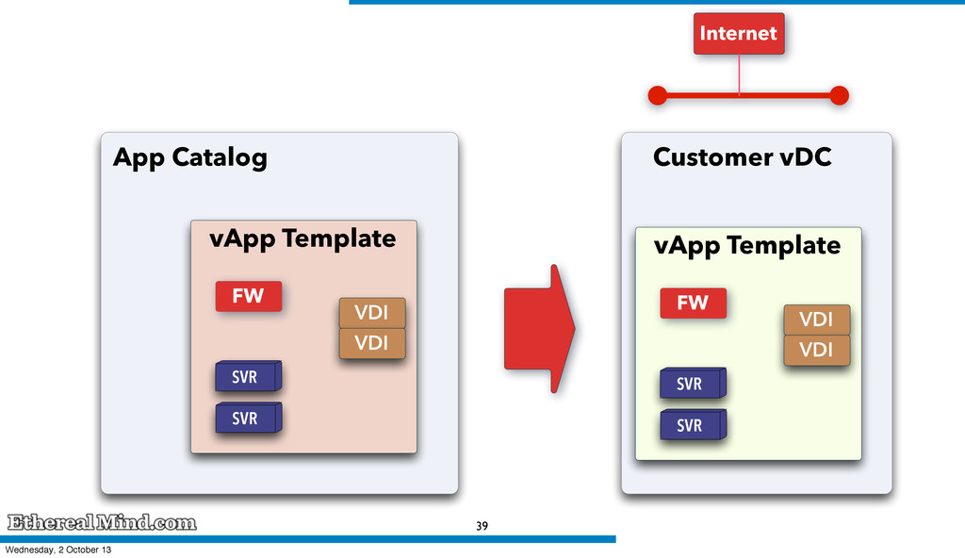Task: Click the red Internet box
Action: [739, 33]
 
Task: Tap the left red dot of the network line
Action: [658, 95]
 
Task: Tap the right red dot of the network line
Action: [839, 95]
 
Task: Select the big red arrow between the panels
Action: [540, 328]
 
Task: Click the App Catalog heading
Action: [190, 157]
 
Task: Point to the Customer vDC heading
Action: [743, 156]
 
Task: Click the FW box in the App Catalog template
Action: [249, 296]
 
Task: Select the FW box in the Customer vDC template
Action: [693, 303]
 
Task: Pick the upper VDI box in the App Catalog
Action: [372, 313]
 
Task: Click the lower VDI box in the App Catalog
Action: [372, 343]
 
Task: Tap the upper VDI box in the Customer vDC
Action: [817, 320]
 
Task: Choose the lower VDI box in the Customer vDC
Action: [817, 350]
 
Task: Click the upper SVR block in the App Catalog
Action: [248, 376]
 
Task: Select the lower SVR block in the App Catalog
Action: [248, 418]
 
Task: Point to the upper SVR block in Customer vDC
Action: [693, 383]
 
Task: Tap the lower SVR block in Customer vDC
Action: [693, 424]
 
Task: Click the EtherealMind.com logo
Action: [102, 522]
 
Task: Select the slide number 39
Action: [482, 526]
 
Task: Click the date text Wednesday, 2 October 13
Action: [58, 550]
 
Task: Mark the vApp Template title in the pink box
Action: [303, 239]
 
